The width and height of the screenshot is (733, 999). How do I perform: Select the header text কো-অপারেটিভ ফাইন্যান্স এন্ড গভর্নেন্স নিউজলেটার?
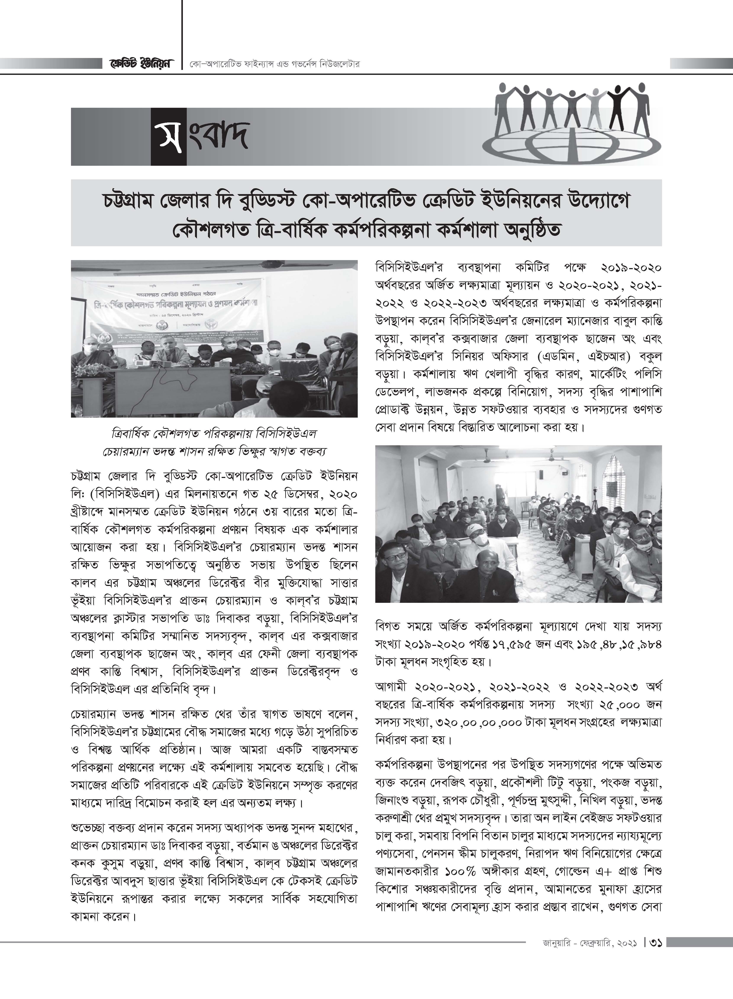pyautogui.click(x=274, y=64)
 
